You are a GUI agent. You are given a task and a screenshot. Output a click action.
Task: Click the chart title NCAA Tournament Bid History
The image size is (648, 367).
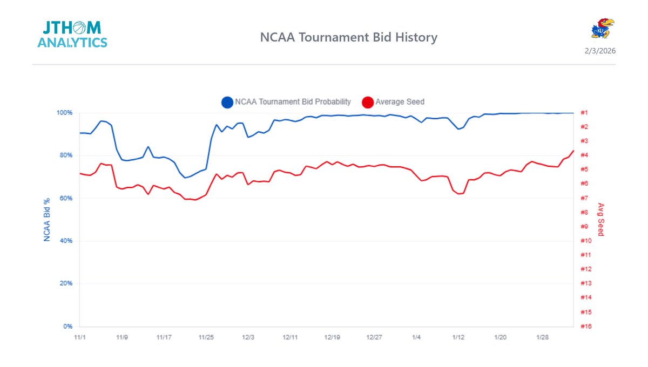348,37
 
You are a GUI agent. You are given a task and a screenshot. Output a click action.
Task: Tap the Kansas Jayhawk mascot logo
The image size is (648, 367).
603,28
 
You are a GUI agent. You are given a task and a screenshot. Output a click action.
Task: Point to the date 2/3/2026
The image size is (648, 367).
600,51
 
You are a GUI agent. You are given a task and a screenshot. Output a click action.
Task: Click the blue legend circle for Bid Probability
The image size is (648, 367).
227,102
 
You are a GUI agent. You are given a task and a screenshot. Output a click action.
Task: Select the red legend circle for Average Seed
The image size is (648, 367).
368,102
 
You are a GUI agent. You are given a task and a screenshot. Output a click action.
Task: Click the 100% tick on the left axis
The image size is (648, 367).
65,113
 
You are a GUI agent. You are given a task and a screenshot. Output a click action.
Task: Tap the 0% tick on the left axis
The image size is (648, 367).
68,327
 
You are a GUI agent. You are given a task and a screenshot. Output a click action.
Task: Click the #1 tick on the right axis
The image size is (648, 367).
584,113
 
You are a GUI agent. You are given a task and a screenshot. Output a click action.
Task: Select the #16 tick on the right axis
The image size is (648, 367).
585,327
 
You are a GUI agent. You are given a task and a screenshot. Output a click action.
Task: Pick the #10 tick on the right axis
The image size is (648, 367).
585,241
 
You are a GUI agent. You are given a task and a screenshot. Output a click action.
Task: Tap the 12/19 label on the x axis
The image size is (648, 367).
332,337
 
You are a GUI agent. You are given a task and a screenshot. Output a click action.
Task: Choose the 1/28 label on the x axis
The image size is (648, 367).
543,337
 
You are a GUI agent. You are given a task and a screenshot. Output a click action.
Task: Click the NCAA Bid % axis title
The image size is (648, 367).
48,219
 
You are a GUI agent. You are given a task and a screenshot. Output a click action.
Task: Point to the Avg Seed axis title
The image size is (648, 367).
600,220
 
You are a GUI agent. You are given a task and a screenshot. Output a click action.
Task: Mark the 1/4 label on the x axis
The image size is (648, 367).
416,337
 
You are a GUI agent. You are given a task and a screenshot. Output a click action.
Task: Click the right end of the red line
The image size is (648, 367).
573,151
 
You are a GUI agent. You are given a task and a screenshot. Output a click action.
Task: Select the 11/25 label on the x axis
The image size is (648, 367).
206,337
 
